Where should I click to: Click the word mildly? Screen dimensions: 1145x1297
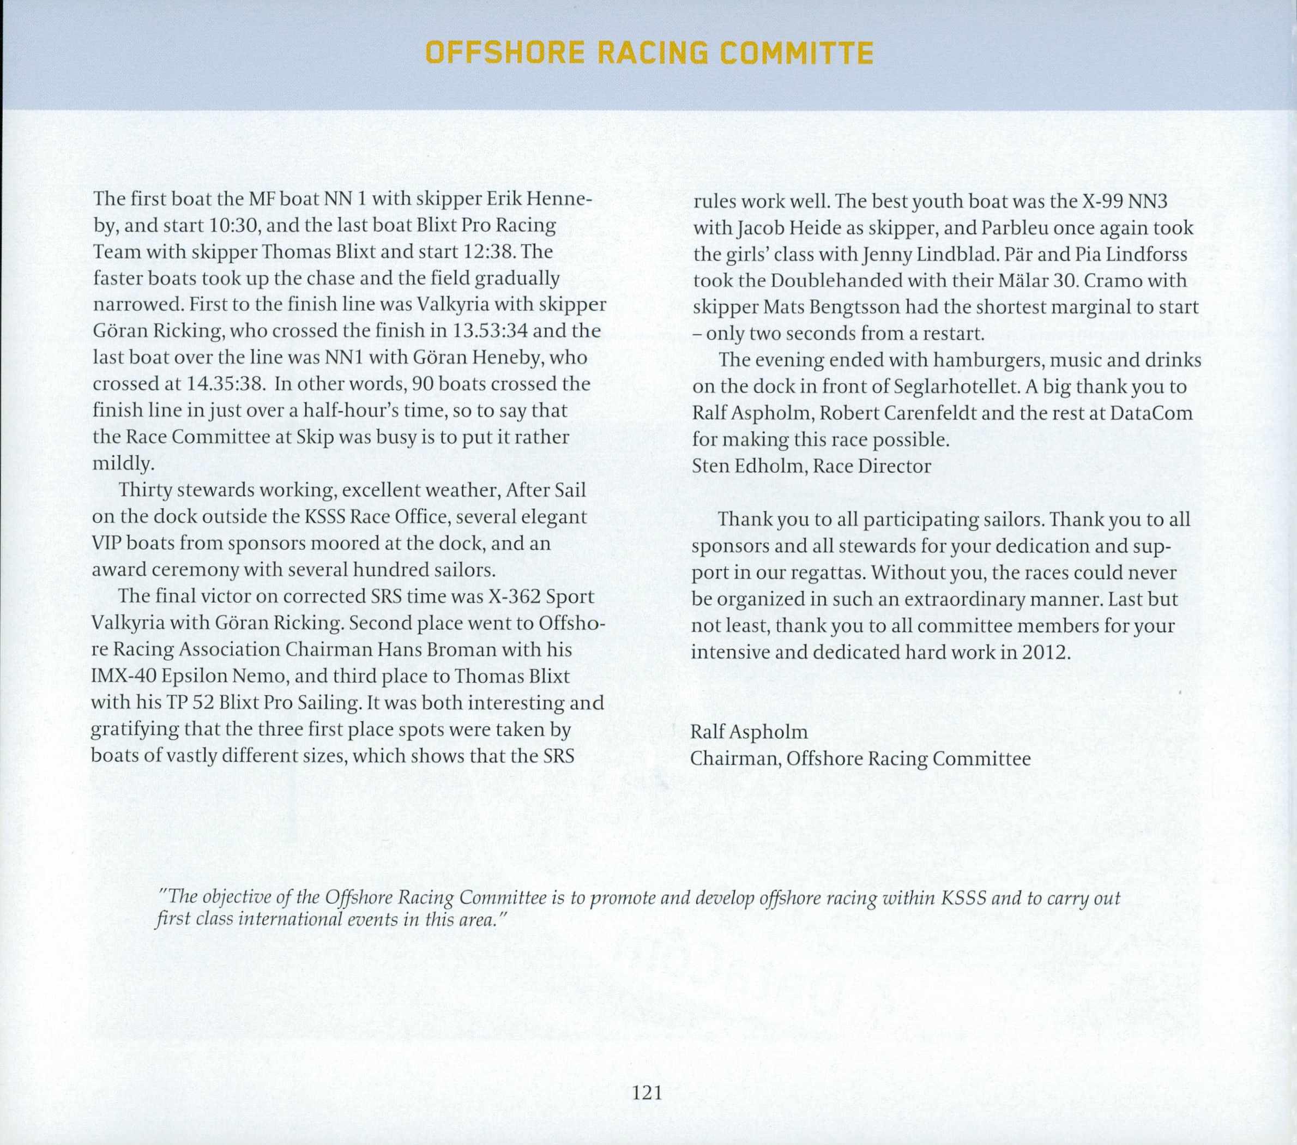click(123, 464)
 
